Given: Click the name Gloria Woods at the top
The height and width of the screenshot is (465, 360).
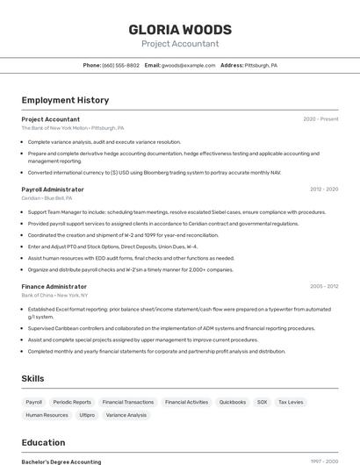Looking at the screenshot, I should [x=180, y=29].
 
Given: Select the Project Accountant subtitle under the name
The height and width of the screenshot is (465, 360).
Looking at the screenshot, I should [x=180, y=44].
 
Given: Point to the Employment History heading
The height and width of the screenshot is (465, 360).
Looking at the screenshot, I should [x=65, y=100].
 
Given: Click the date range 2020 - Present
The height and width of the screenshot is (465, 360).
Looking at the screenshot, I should [x=320, y=119].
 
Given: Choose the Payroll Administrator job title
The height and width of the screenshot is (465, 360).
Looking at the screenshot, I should [x=53, y=190].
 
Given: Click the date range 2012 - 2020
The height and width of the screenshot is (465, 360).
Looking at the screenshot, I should [x=323, y=190].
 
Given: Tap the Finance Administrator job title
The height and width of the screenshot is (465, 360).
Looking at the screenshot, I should [x=54, y=286].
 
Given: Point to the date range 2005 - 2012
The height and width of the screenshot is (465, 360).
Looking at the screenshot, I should [x=323, y=286].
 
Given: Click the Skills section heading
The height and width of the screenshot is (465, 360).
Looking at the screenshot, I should [x=33, y=378].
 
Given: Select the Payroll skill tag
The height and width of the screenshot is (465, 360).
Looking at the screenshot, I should [x=33, y=402].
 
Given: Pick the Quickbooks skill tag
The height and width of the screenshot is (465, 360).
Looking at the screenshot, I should [x=233, y=402].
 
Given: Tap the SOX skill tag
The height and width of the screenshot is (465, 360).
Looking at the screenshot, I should [x=262, y=402].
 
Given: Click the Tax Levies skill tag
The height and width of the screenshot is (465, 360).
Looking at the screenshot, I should [x=291, y=402].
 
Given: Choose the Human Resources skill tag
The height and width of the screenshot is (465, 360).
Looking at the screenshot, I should [x=47, y=415].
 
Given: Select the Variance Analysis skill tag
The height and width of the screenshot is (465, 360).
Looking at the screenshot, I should [x=126, y=415].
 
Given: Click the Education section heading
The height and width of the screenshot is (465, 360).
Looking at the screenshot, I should [x=43, y=442].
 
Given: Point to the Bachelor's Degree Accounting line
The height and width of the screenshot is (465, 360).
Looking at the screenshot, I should [x=61, y=461].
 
